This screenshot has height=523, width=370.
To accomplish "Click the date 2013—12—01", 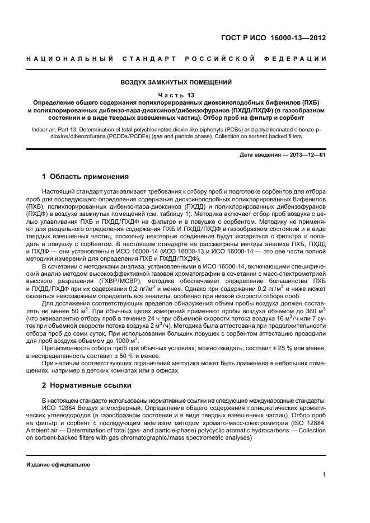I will point(307,154).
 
